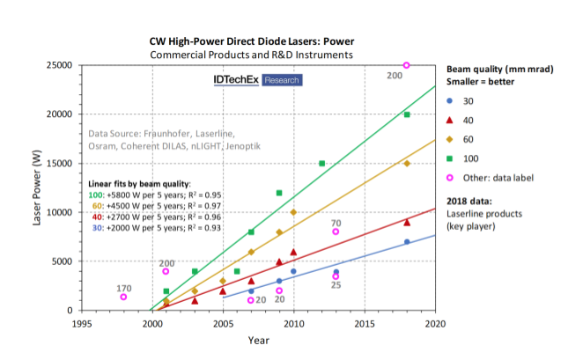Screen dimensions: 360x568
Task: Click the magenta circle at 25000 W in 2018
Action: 406,65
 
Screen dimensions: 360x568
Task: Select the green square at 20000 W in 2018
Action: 406,114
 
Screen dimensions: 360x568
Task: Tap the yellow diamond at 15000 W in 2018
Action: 406,164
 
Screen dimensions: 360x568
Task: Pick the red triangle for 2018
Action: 406,222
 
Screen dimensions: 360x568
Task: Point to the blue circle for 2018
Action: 406,241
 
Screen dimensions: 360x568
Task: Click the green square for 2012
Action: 321,164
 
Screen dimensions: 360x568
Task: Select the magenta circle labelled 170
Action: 124,297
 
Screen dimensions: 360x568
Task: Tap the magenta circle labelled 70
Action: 336,231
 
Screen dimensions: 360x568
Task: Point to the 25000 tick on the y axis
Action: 60,65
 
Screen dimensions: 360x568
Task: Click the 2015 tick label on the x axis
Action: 365,324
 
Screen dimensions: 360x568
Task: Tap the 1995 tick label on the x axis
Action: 82,324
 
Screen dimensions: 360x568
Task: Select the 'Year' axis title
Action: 258,340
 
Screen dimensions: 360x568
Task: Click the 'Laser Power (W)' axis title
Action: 37,188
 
